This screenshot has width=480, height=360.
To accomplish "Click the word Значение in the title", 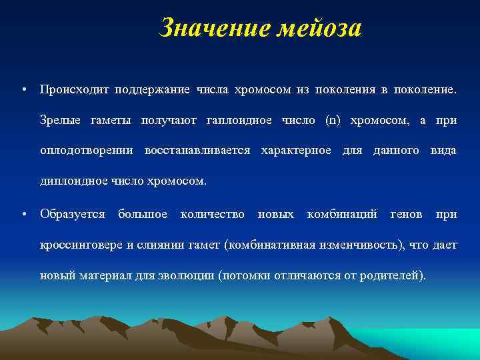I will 209,28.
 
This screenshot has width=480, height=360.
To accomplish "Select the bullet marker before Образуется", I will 23,215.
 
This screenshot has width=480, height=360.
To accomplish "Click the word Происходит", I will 74,89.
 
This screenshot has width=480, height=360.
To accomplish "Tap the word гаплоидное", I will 239,120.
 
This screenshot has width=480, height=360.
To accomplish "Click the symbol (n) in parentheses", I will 332,120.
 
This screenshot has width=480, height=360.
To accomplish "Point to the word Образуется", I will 73,214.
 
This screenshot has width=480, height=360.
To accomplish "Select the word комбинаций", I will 342,214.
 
